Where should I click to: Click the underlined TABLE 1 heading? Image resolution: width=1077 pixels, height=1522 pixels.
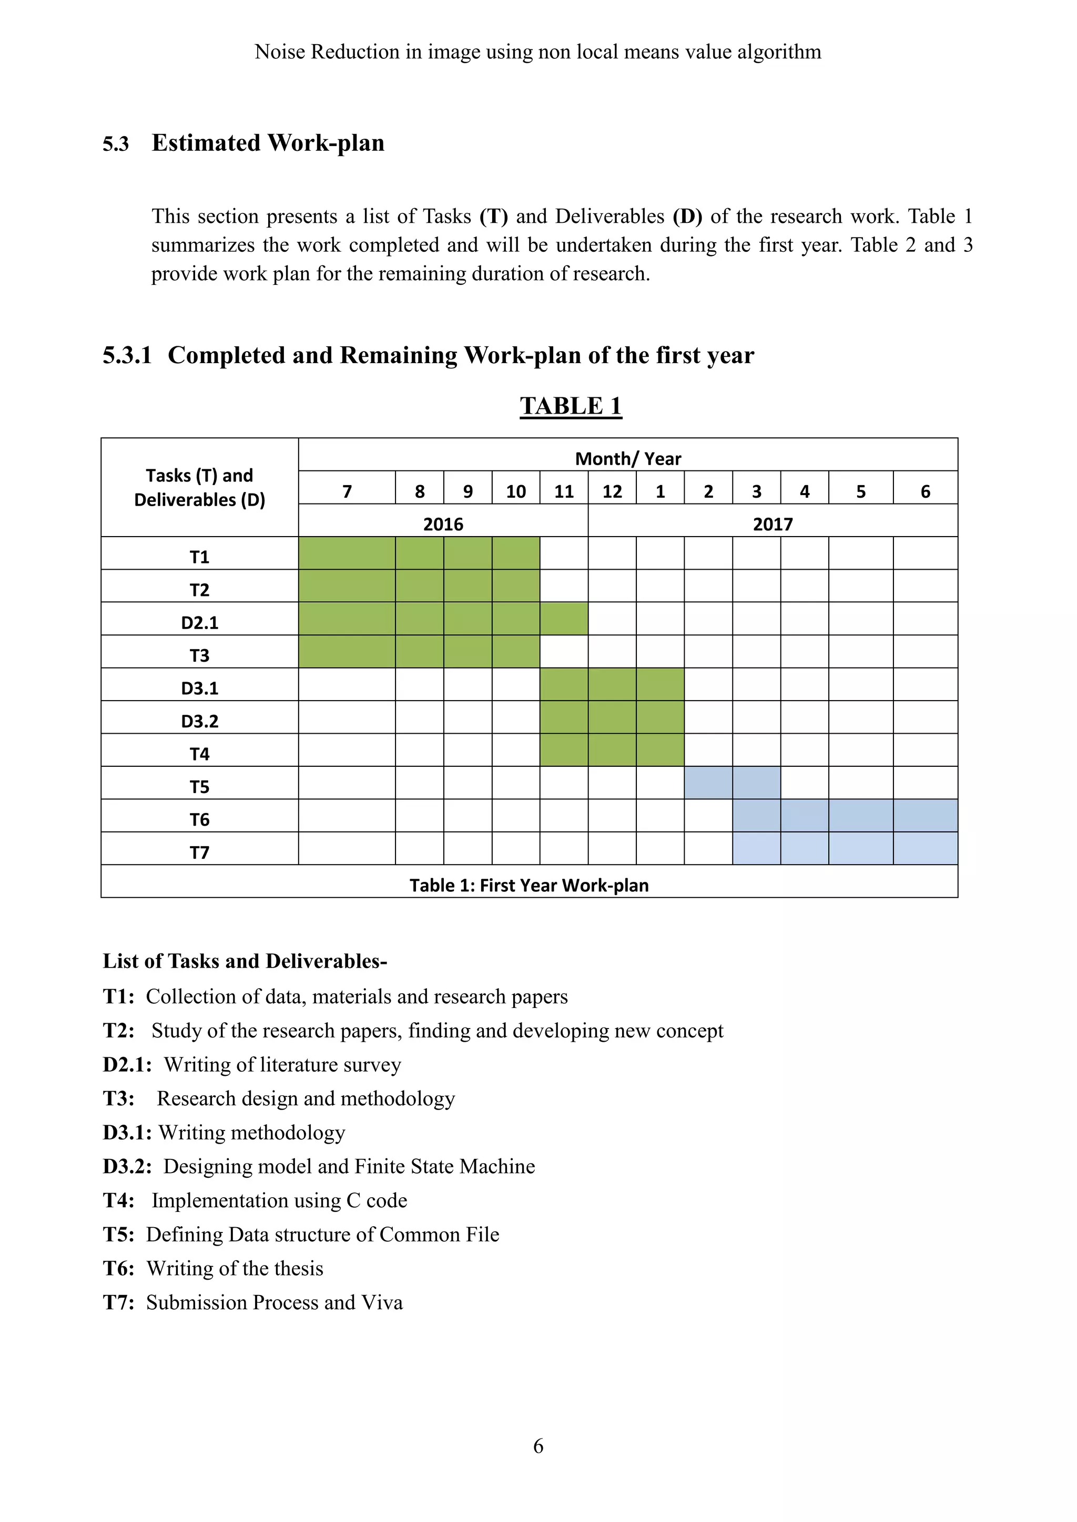tap(571, 406)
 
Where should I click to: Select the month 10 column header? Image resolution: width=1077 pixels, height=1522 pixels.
tap(515, 491)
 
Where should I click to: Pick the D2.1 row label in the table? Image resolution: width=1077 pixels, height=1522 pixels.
tap(200, 622)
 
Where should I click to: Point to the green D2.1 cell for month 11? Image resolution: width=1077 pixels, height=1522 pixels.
tap(564, 619)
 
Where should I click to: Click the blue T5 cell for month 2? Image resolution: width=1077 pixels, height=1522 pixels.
tap(708, 783)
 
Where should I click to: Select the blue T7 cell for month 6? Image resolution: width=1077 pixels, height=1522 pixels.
tap(925, 848)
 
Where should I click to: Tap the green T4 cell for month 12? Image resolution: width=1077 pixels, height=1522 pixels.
tap(612, 750)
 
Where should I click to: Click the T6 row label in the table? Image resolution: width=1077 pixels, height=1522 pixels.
tap(200, 819)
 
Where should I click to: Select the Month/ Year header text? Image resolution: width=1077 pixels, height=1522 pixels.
tap(627, 459)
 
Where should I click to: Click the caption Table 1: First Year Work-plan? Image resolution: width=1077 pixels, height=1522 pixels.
tap(529, 885)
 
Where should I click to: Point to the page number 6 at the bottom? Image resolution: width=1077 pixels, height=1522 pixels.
tap(538, 1446)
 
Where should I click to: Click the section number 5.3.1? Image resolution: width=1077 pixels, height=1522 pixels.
tap(127, 355)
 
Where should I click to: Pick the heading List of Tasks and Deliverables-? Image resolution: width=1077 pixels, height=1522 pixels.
tap(245, 961)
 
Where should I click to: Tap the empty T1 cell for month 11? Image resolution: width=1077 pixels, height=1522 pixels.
tap(564, 553)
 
